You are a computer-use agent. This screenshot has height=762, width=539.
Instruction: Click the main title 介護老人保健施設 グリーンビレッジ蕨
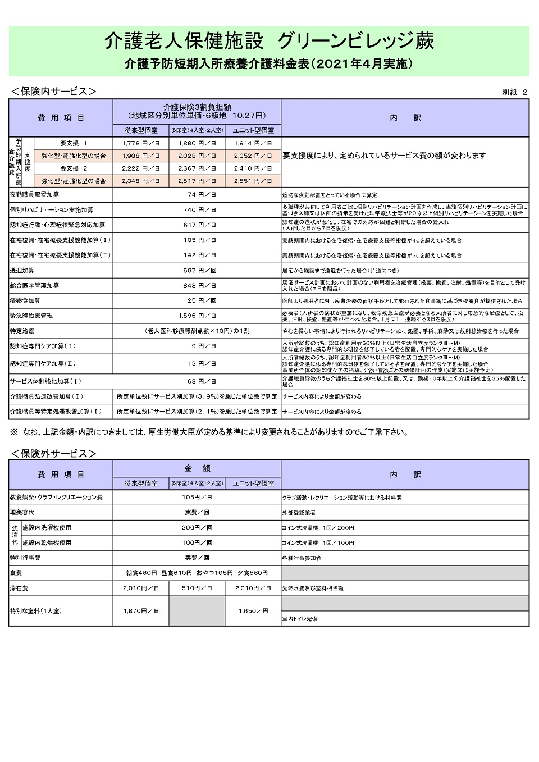point(269,41)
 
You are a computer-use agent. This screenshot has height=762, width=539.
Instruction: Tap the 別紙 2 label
point(514,92)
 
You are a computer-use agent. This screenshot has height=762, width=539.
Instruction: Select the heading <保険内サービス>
point(53,92)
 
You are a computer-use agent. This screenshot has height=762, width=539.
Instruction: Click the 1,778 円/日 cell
point(141,143)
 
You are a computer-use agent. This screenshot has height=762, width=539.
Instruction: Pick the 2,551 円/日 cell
point(253,181)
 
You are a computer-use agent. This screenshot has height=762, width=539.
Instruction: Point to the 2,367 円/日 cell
point(197,168)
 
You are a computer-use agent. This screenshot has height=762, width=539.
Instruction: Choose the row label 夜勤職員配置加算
point(34,194)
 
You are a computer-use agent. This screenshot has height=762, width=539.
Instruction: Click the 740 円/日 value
point(197,209)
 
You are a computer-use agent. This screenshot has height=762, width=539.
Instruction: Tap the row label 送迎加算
point(22,270)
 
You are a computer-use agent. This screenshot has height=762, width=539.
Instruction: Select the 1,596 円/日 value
point(197,316)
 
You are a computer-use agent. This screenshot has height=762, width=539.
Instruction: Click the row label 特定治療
point(22,331)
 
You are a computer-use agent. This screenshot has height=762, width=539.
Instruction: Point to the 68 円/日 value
point(197,381)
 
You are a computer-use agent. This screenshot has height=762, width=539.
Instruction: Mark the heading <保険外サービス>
point(53,453)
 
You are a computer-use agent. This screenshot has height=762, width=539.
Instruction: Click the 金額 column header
point(197,468)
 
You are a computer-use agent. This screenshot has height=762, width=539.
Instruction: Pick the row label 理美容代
point(22,512)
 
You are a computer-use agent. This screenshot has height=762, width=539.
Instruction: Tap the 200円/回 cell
point(197,527)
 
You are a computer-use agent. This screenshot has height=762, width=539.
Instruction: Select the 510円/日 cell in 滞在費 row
point(197,588)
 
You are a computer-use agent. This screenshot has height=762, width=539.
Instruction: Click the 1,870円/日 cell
point(141,610)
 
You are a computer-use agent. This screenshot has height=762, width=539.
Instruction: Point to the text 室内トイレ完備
point(300,618)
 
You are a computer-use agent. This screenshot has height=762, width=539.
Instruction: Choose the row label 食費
point(16,573)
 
